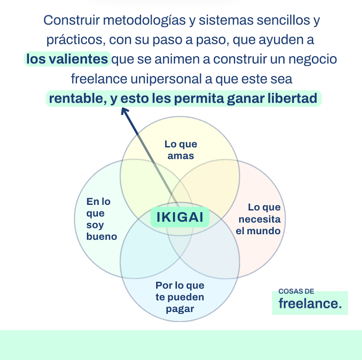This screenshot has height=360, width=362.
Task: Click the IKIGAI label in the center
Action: click(180, 217)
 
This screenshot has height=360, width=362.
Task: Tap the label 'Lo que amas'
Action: click(181, 150)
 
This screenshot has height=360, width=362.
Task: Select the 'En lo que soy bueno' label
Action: click(101, 219)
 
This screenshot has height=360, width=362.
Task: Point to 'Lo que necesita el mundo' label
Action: click(258, 219)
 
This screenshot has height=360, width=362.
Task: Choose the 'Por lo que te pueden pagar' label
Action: click(180, 297)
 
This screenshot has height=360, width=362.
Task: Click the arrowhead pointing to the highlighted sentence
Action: click(125, 111)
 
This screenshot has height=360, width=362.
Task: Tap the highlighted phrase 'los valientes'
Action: click(67, 59)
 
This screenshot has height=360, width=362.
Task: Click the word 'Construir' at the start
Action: click(72, 20)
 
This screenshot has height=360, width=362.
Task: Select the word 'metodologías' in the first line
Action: click(144, 21)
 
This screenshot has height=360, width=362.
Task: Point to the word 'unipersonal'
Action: click(166, 80)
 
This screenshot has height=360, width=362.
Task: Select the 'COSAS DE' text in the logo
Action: click(296, 291)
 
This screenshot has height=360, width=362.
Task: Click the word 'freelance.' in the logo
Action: click(310, 303)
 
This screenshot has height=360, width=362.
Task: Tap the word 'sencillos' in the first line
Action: click(283, 20)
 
